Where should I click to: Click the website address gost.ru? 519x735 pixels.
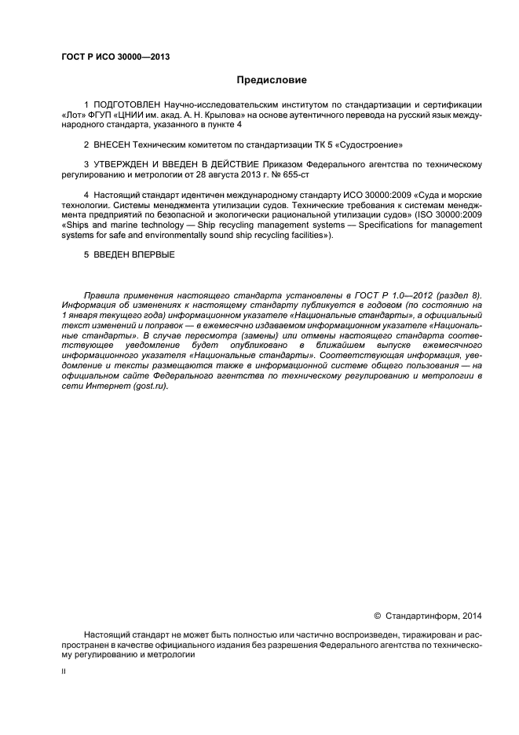point(151,387)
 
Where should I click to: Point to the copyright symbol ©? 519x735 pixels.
point(376,615)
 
